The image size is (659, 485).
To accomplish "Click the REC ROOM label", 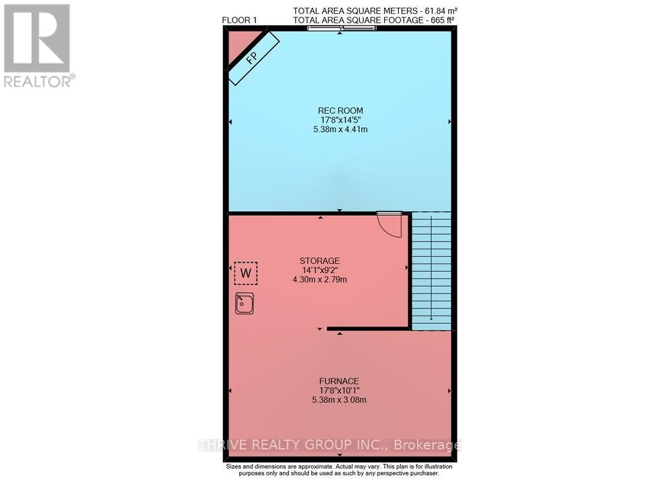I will tap(340, 110).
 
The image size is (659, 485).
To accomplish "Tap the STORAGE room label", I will tap(320, 261).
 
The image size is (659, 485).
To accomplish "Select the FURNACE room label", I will tap(339, 380).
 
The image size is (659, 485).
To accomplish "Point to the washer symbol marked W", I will tap(246, 272).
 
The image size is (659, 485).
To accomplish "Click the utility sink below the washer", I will tap(244, 303).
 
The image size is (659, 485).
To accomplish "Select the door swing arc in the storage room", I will tap(390, 225).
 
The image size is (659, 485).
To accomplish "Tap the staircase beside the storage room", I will tap(431, 270).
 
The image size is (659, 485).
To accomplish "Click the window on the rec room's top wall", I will tap(340, 28).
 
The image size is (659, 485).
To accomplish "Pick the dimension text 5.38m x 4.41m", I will tap(340, 130).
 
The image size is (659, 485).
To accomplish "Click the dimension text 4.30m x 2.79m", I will tap(320, 280).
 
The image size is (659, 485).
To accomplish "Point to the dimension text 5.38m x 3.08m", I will tap(339, 399).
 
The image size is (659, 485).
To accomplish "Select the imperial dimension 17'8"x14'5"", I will tap(340, 120).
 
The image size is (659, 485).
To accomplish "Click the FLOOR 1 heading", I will tap(240, 20).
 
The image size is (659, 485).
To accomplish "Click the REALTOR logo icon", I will tap(37, 38).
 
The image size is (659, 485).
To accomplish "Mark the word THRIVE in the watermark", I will tap(223, 445).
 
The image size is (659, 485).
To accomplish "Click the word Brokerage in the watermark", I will tap(428, 445).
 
